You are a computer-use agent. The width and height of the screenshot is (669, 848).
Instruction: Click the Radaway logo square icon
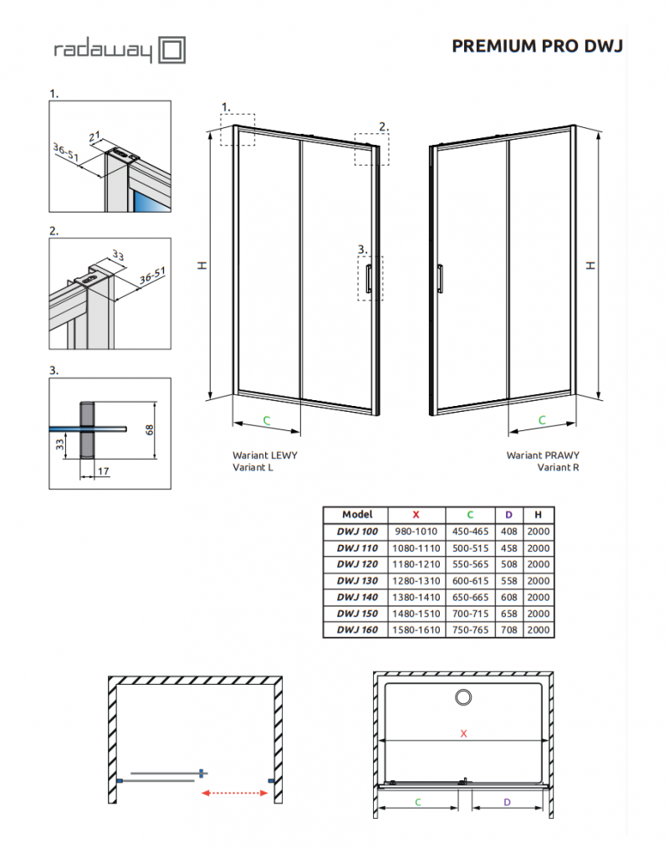(172, 49)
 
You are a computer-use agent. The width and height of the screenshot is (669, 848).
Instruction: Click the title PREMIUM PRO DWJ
(537, 45)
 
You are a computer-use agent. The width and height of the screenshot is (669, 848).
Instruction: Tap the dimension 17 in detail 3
(103, 472)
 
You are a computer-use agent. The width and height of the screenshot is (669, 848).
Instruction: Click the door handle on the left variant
(366, 281)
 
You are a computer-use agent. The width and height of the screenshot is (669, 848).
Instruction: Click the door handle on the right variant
(440, 278)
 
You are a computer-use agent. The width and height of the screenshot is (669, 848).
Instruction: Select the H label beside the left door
(201, 265)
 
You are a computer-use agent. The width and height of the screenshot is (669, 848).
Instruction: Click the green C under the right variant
(541, 419)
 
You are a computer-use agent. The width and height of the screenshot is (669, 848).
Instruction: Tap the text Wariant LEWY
(264, 455)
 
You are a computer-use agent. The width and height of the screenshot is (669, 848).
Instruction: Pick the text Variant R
(558, 468)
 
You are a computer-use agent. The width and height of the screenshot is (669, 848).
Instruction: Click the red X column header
(416, 515)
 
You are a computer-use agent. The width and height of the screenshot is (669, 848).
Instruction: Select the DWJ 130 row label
(357, 581)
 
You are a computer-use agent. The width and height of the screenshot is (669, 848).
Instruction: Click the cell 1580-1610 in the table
(416, 630)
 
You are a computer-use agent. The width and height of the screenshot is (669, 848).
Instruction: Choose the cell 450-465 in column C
(469, 532)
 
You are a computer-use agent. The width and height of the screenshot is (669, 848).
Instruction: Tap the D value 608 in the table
(509, 597)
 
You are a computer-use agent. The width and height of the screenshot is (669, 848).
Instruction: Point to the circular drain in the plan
(462, 696)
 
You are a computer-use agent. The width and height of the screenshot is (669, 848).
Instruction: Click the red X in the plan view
(463, 733)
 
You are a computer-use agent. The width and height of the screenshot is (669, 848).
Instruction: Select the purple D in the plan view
(508, 802)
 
